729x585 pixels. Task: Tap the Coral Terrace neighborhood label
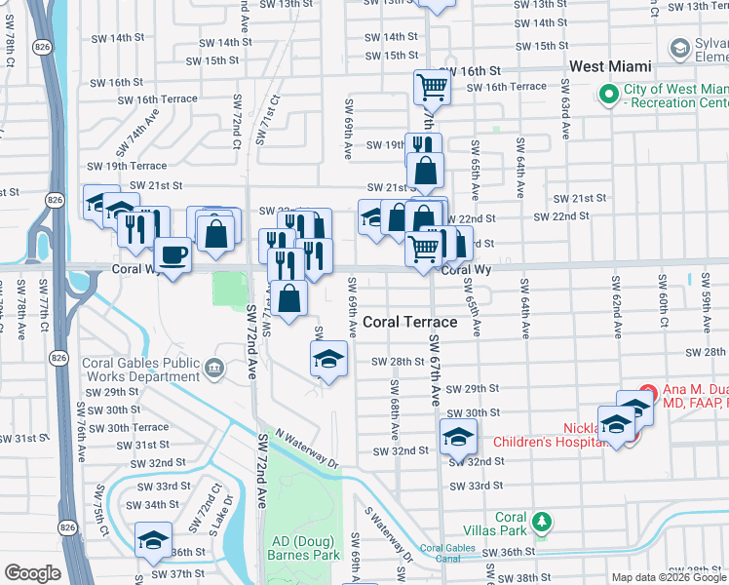coord(409,322)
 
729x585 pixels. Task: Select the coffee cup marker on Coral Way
coord(173,255)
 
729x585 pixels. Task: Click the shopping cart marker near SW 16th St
coord(431,87)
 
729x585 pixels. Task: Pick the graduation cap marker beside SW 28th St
coord(329,360)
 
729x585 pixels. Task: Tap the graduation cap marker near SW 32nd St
coord(458,438)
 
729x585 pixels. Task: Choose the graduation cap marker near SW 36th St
coord(154,540)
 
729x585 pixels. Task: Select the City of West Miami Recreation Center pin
coord(610,95)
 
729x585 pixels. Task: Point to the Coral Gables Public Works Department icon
coord(215,369)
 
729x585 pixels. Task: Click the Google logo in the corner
coord(32,573)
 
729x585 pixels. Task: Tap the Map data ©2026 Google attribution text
coord(669,577)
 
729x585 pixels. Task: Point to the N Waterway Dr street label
coord(307,448)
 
